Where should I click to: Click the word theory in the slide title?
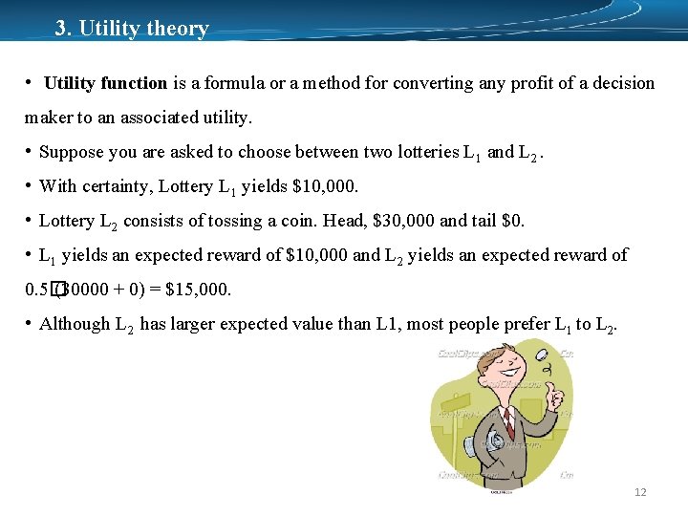pyautogui.click(x=178, y=28)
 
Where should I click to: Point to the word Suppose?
pyautogui.click(x=72, y=152)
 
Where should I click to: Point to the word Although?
pyautogui.click(x=75, y=324)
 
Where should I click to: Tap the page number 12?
pyautogui.click(x=640, y=492)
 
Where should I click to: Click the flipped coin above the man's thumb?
pyautogui.click(x=544, y=361)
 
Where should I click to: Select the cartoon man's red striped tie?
pyautogui.click(x=507, y=420)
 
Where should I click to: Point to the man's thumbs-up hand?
pyautogui.click(x=552, y=392)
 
